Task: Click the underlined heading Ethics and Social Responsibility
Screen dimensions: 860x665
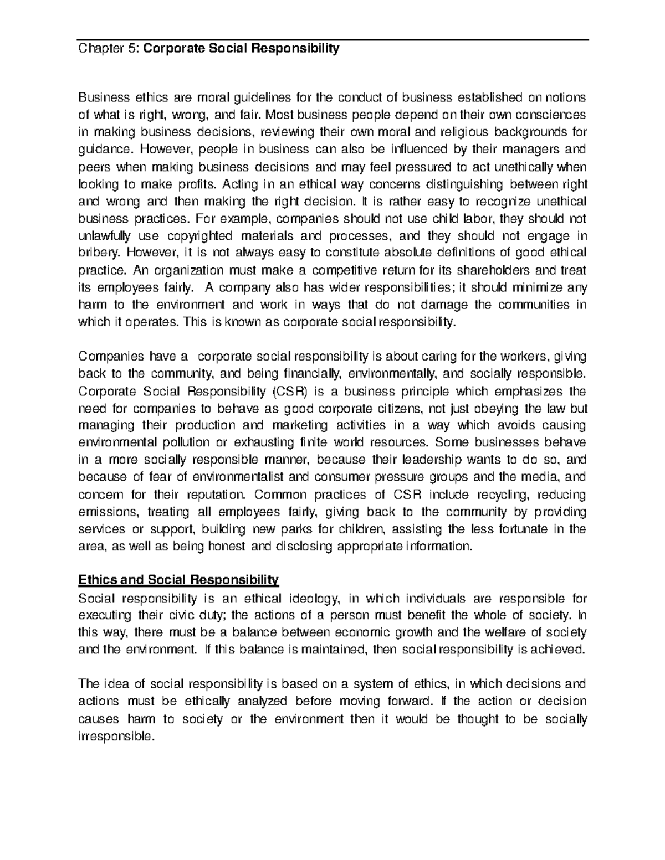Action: pos(178,580)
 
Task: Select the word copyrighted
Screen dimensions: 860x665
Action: pos(201,236)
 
